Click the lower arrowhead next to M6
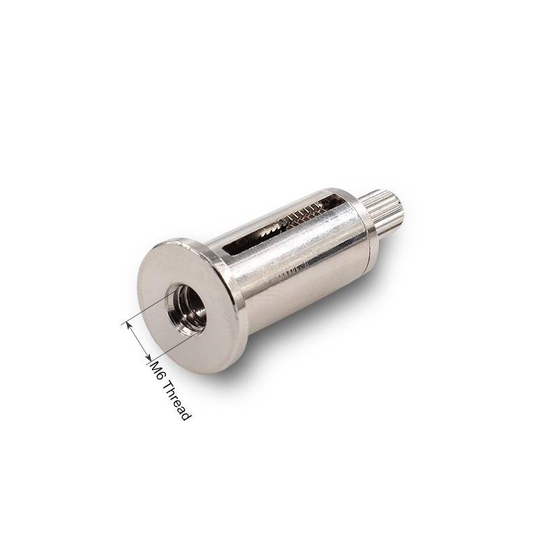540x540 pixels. coord(148,358)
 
